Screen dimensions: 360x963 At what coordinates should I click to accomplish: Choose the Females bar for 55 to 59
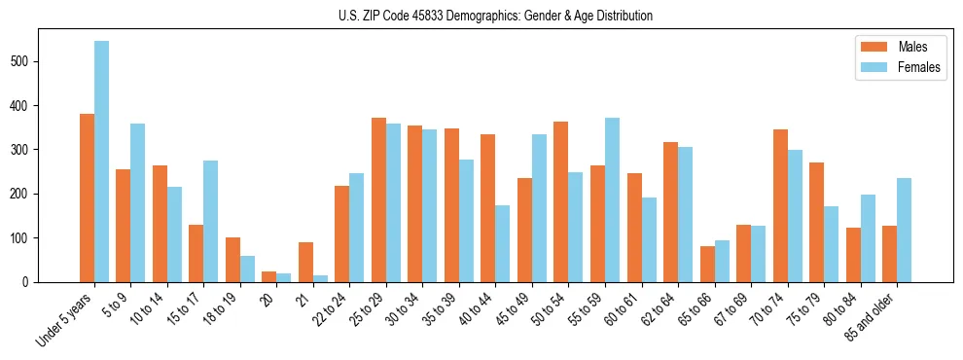pyautogui.click(x=613, y=199)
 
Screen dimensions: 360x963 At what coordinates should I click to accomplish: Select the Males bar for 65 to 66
pyautogui.click(x=707, y=264)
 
